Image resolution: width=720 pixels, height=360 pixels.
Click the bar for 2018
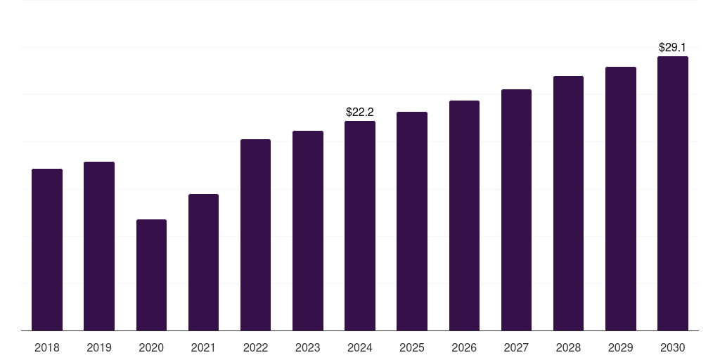(x=47, y=250)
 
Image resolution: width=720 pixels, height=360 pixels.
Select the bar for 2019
(x=99, y=246)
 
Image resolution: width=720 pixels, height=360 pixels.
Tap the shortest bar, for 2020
(x=151, y=275)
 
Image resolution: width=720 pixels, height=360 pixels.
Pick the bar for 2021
(x=203, y=262)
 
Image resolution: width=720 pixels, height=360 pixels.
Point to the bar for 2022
(x=255, y=235)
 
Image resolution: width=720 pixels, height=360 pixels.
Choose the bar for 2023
(x=308, y=231)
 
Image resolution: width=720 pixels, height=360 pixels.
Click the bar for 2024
(x=360, y=226)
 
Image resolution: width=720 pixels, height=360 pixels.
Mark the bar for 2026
(x=464, y=215)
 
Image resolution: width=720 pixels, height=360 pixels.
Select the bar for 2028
(x=568, y=203)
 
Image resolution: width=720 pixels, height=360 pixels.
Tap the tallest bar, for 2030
(x=673, y=193)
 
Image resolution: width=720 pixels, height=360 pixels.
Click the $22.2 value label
(x=360, y=112)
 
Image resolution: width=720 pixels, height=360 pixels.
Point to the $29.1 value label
(x=673, y=47)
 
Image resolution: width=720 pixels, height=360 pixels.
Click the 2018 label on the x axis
(x=47, y=347)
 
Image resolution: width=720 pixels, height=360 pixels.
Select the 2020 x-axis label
(x=151, y=347)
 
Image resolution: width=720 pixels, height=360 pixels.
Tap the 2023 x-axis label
(x=308, y=347)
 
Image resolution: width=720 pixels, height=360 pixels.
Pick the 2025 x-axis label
(x=412, y=347)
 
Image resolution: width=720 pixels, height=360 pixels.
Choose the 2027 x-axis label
(x=516, y=347)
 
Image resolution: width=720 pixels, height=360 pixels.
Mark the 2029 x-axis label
(x=620, y=347)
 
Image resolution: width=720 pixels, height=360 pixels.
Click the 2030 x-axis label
(x=673, y=347)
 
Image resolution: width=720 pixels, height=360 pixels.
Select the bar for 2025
(x=412, y=221)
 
